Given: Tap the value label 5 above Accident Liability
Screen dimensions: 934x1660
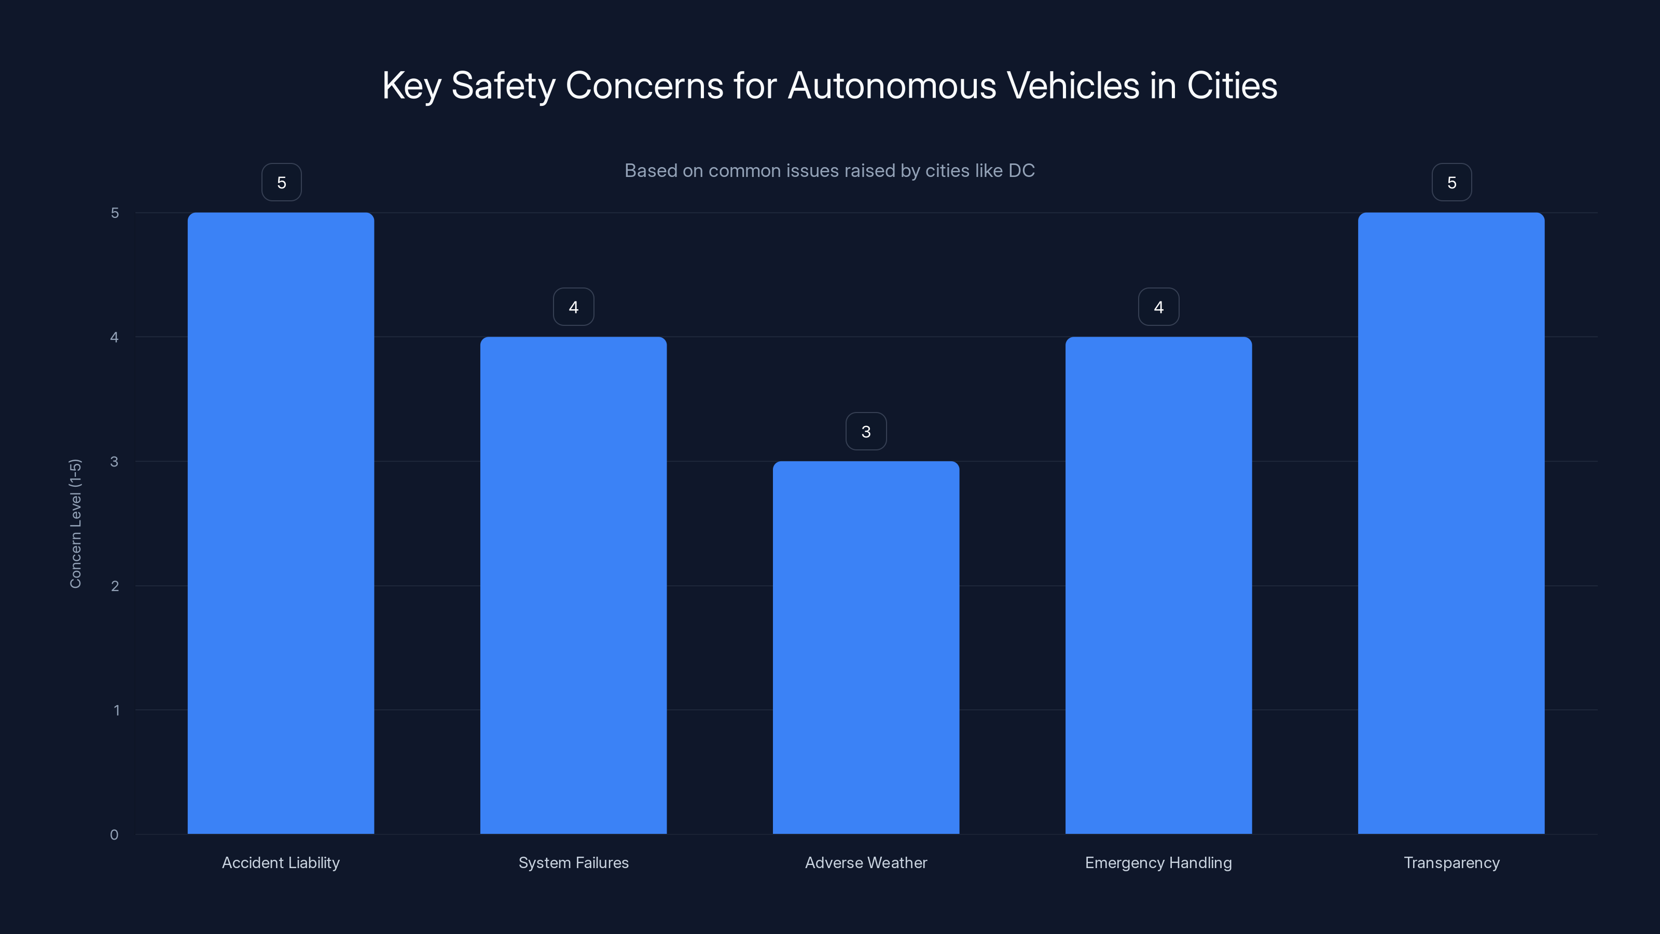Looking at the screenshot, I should click(x=281, y=183).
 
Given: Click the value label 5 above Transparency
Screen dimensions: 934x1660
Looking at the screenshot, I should click(x=1451, y=183).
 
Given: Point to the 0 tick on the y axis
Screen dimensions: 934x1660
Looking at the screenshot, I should click(x=114, y=835).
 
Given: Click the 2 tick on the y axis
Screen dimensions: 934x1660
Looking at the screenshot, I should click(x=115, y=586).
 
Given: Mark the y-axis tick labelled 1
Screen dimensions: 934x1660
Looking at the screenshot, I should click(x=116, y=710).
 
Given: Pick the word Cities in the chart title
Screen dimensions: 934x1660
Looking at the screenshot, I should click(x=1232, y=86).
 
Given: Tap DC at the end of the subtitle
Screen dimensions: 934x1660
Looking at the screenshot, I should click(x=1021, y=171).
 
